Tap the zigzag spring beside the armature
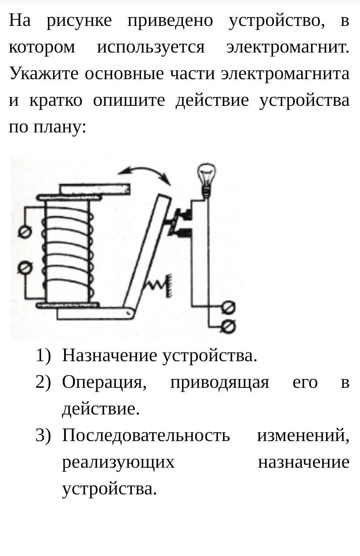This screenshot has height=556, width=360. tap(155, 286)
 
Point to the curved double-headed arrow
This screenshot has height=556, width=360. tap(145, 171)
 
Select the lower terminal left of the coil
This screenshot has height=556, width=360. tap(25, 268)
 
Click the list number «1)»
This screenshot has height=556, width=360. tap(43, 355)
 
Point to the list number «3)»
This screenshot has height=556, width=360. tap(43, 435)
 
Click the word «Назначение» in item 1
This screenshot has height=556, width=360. tap(110, 355)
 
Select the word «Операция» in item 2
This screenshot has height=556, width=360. tap(104, 383)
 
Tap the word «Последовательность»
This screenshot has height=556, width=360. tap(146, 435)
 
